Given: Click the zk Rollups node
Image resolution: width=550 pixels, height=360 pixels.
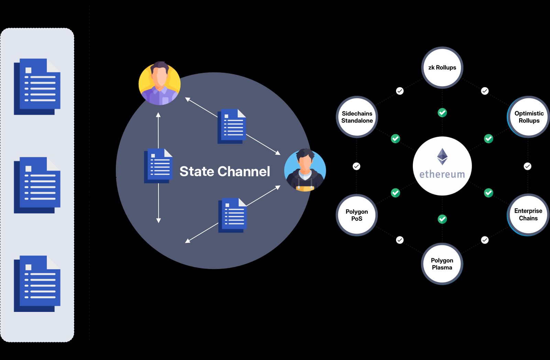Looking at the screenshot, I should (x=442, y=67).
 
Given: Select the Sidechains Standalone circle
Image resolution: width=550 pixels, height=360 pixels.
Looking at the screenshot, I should (x=357, y=117).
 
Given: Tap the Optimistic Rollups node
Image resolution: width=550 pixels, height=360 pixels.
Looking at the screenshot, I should (x=529, y=117).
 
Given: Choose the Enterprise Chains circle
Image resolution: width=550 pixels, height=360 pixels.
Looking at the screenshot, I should (x=528, y=214).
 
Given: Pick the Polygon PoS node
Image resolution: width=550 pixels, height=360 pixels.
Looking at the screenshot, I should (x=357, y=215).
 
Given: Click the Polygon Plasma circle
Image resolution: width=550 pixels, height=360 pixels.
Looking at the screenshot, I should (x=442, y=264).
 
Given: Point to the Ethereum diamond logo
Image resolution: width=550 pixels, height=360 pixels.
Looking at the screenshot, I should (x=442, y=156).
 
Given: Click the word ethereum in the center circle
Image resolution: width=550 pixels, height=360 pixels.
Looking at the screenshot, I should (x=442, y=175).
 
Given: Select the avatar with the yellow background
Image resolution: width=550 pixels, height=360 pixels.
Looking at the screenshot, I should (x=159, y=83).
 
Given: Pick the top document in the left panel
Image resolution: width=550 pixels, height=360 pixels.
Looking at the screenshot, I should (x=37, y=87).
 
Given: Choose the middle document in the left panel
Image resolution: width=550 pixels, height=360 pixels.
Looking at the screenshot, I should (x=37, y=185).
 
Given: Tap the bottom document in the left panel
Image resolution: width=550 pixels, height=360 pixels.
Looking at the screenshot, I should (x=37, y=284).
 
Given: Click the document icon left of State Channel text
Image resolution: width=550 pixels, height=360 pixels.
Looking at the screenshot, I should (x=158, y=166).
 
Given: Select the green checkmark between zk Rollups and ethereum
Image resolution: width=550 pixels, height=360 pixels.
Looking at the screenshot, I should (x=442, y=112).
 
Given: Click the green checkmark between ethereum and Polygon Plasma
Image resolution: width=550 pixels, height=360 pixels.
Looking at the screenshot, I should (x=442, y=219).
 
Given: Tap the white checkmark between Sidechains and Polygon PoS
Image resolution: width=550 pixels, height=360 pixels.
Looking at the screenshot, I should (x=356, y=166).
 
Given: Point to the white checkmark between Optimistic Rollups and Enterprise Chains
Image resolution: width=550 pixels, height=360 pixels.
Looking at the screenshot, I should (x=527, y=166).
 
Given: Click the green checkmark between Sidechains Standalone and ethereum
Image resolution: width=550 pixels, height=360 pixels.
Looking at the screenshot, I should (x=395, y=138).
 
